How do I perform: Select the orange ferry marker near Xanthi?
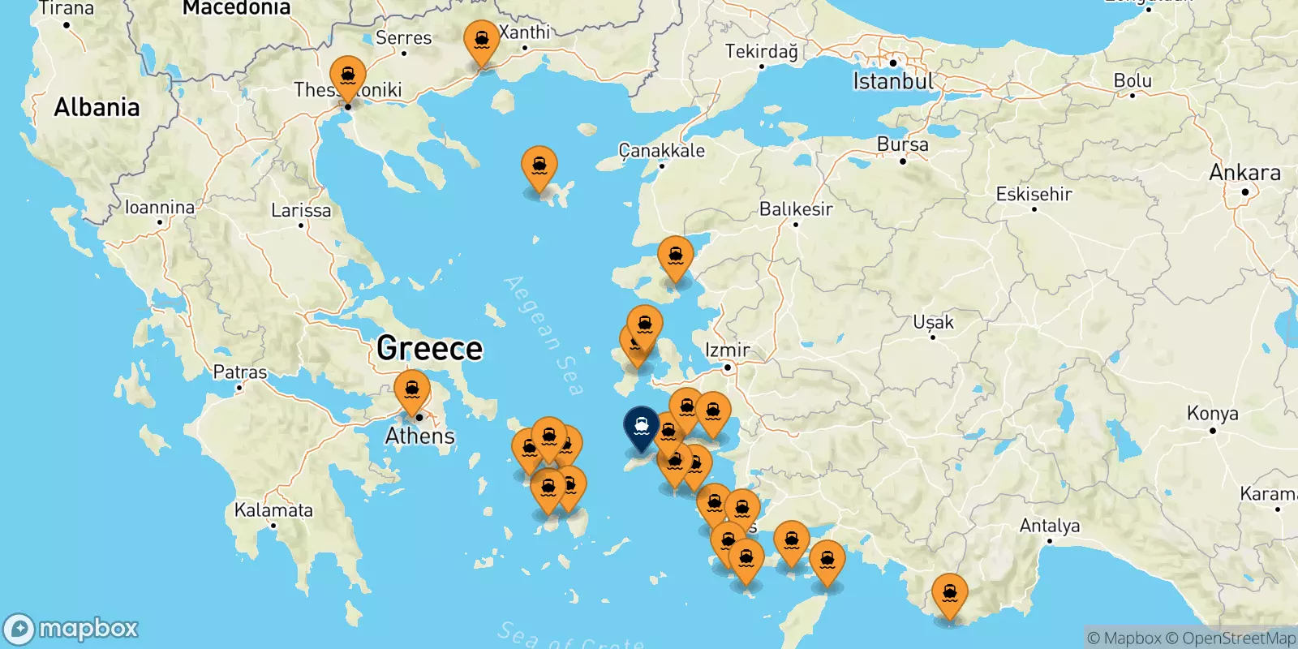pyautogui.click(x=482, y=41)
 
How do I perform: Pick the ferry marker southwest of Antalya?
pyautogui.click(x=949, y=595)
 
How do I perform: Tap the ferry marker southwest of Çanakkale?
pyautogui.click(x=539, y=167)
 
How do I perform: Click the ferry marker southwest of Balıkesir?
pyautogui.click(x=676, y=256)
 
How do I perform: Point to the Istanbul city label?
pyautogui.click(x=893, y=81)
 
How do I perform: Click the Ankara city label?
pyautogui.click(x=1244, y=173)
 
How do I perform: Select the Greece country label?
pyautogui.click(x=429, y=349)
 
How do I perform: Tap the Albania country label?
pyautogui.click(x=97, y=107)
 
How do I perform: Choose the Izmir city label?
pyautogui.click(x=728, y=350)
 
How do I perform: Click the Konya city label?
pyautogui.click(x=1212, y=414)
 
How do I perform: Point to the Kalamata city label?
pyautogui.click(x=273, y=510)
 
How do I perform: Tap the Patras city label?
pyautogui.click(x=239, y=372)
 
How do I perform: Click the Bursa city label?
pyautogui.click(x=902, y=144)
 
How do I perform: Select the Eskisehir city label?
pyautogui.click(x=1034, y=195)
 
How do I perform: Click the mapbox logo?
pyautogui.click(x=71, y=629)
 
